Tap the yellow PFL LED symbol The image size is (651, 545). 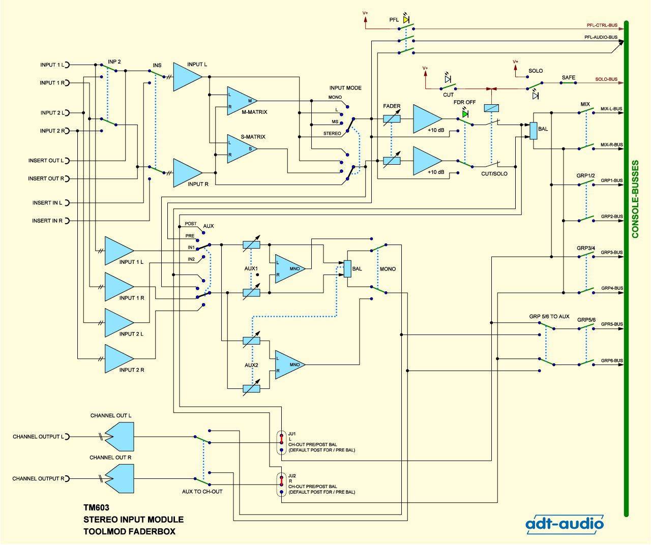(x=406, y=19)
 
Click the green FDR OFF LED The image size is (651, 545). (x=465, y=114)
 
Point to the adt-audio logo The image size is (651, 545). (x=565, y=524)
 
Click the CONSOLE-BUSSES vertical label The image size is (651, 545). (x=635, y=199)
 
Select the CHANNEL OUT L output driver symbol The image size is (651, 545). (x=120, y=437)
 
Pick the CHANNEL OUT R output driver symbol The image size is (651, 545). (x=120, y=478)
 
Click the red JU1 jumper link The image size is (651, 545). (x=281, y=439)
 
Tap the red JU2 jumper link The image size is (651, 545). (x=281, y=481)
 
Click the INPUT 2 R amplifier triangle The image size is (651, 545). (x=119, y=358)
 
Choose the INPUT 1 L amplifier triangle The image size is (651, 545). (x=119, y=251)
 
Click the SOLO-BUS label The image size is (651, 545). (x=606, y=79)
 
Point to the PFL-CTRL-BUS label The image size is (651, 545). (x=602, y=25)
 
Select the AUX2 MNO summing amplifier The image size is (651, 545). (x=290, y=365)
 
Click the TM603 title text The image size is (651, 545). (x=96, y=507)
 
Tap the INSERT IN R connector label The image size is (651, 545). (x=47, y=221)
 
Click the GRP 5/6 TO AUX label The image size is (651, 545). (x=549, y=317)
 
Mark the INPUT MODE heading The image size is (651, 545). (x=345, y=88)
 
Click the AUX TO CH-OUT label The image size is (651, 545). (x=202, y=492)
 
